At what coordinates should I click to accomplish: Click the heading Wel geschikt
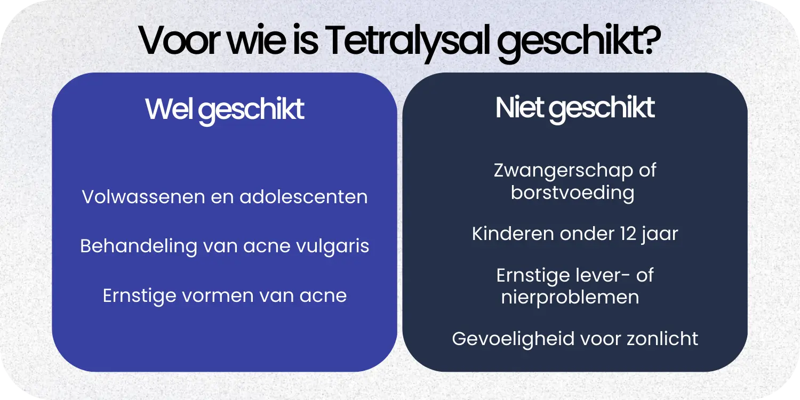tap(225, 110)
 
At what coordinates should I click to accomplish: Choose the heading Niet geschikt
tap(574, 108)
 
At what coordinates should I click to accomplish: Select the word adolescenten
tap(303, 197)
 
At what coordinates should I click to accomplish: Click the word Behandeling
tap(139, 246)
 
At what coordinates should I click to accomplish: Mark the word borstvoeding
tap(572, 193)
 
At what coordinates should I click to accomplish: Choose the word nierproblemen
tap(570, 298)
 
